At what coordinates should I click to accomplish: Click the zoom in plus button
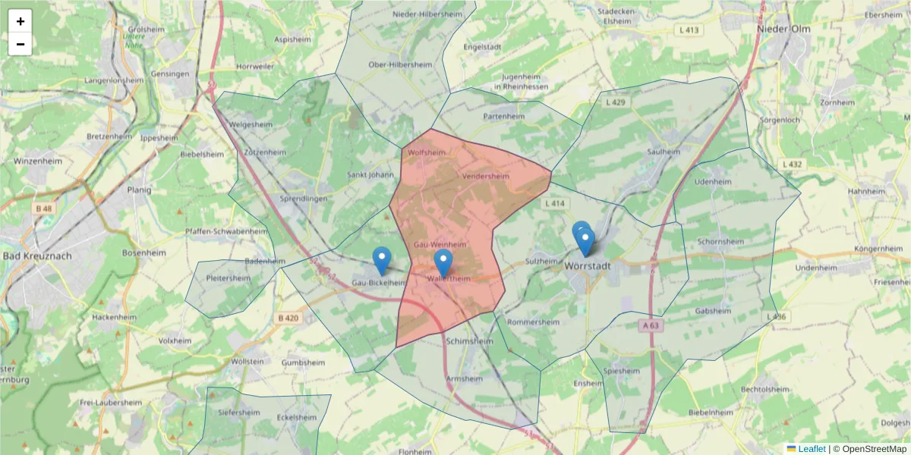tap(20, 21)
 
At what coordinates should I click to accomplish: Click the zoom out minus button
tap(20, 44)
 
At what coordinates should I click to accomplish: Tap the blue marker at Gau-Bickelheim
tap(382, 260)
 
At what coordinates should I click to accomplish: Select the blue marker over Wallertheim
tap(443, 262)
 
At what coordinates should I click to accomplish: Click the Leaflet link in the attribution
tap(812, 449)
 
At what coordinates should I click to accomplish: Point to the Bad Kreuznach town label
tap(37, 256)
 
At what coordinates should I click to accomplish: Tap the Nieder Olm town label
tap(783, 29)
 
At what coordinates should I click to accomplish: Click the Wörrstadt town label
tap(588, 266)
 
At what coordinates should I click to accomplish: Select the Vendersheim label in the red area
tap(484, 176)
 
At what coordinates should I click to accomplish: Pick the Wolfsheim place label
tap(426, 152)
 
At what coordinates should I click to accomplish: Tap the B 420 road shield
tap(288, 318)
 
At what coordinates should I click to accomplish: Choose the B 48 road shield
tap(43, 208)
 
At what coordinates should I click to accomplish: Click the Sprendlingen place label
tap(303, 198)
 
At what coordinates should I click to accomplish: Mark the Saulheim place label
tap(664, 152)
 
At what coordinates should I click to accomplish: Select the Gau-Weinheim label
tap(440, 244)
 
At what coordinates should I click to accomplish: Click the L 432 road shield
tap(792, 164)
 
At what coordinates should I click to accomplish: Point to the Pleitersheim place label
tap(228, 278)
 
